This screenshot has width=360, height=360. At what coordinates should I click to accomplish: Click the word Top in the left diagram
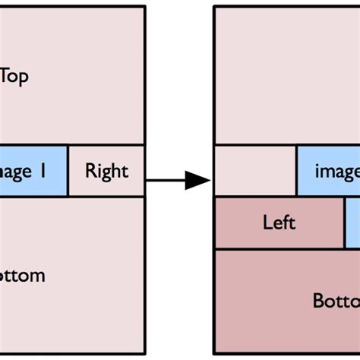(14, 76)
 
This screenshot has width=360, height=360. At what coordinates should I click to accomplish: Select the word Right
(106, 171)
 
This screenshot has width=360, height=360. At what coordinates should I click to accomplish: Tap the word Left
(279, 223)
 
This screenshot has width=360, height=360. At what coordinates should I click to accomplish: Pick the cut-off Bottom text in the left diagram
(23, 275)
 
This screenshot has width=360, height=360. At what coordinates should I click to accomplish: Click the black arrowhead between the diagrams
(197, 180)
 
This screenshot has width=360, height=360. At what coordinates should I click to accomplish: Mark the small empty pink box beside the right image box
(254, 171)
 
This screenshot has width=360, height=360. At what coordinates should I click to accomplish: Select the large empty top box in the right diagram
(286, 76)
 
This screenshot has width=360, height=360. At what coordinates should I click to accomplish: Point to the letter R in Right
(90, 171)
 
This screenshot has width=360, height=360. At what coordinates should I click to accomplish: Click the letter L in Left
(267, 223)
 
